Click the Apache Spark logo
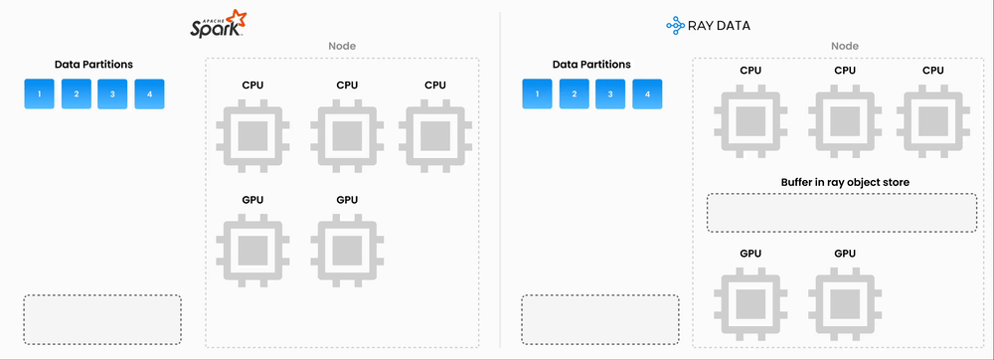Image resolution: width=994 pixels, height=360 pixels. [218, 24]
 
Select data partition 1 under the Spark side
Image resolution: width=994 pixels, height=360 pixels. [40, 94]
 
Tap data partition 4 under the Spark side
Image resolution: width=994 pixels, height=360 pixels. [149, 94]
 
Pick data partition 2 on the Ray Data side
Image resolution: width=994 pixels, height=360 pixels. [574, 94]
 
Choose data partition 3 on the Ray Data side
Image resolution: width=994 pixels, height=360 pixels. [610, 94]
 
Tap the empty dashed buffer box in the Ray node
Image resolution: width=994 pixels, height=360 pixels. [842, 213]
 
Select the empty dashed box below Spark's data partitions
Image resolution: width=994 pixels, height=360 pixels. [102, 319]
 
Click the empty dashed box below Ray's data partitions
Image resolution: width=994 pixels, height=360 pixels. [600, 319]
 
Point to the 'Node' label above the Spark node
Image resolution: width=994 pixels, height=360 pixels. [342, 46]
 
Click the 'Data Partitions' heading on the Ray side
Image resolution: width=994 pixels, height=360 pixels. [591, 65]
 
